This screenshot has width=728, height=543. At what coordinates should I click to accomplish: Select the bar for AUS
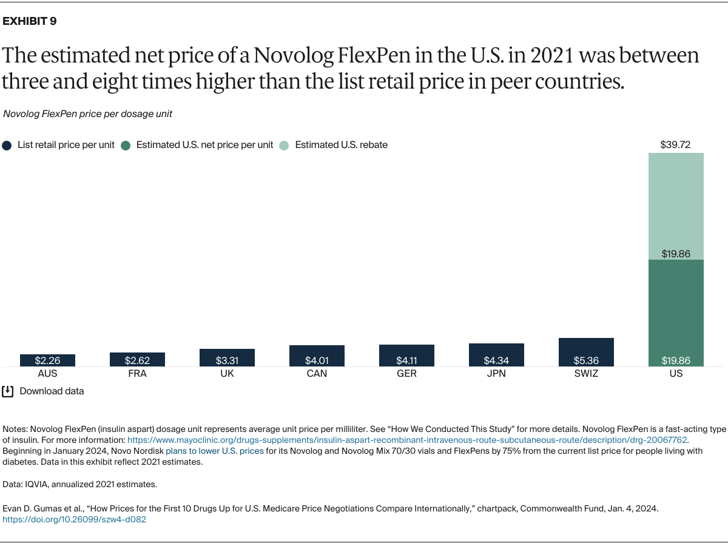(x=47, y=360)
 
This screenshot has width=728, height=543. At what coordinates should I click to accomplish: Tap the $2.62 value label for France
(x=137, y=360)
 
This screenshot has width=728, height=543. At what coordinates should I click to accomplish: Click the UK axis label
(x=227, y=374)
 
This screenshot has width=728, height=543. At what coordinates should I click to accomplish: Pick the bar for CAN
(x=317, y=356)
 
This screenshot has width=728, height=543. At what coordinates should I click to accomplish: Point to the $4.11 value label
(x=406, y=360)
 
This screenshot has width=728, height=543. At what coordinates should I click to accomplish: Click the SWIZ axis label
(x=586, y=374)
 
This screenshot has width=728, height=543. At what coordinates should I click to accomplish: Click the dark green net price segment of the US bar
(x=676, y=309)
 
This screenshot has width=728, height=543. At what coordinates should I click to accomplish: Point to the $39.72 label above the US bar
(x=676, y=145)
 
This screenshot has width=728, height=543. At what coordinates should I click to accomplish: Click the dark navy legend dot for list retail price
(x=7, y=145)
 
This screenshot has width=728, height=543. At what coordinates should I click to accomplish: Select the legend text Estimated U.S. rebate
(x=341, y=145)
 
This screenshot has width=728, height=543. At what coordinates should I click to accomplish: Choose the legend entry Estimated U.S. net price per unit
(x=204, y=145)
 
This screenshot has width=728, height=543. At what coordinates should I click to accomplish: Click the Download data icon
(x=8, y=391)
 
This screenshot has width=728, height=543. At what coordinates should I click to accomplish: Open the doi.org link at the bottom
(x=75, y=519)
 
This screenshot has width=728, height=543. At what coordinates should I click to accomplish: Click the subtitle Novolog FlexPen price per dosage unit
(x=87, y=114)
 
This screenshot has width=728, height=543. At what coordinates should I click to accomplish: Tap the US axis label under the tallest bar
(x=676, y=374)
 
